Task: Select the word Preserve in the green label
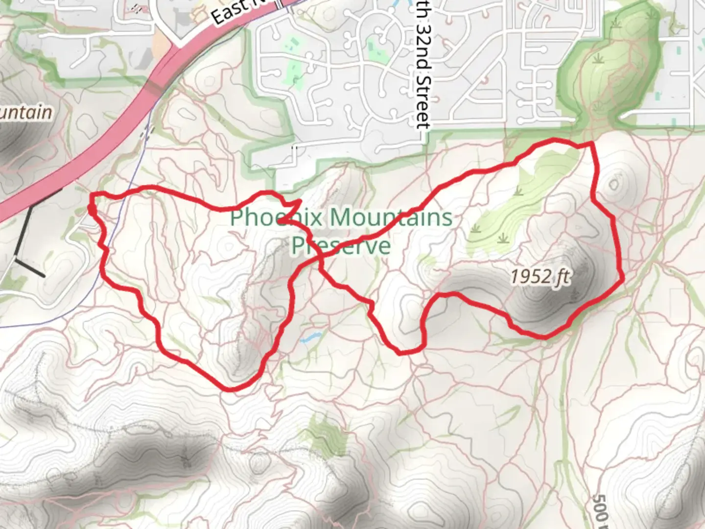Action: coord(341,245)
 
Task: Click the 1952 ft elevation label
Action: coord(540,277)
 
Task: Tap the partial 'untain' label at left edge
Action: coord(24,113)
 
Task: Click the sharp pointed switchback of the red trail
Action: coord(299,201)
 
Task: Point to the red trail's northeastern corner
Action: coord(592,143)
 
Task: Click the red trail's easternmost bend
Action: coord(623,280)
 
